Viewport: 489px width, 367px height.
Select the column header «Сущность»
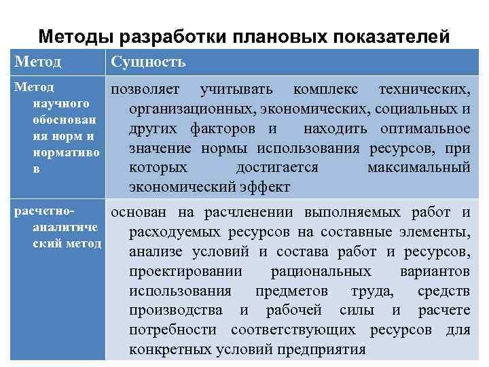pos(148,63)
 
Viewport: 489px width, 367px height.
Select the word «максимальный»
pos(418,167)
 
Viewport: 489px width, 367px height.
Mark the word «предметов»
pos(291,291)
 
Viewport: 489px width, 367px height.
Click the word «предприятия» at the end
pos(327,350)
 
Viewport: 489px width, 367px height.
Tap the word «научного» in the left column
pos(60,103)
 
